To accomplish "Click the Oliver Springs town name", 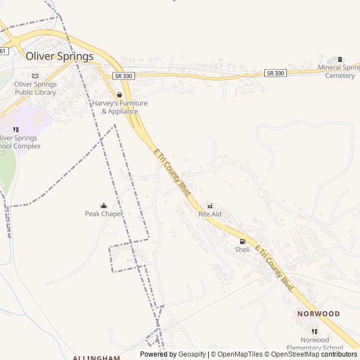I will [x=60, y=56].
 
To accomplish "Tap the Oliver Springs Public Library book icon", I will [x=35, y=76].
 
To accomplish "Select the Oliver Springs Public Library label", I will [x=35, y=88].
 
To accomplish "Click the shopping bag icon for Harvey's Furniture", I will [x=119, y=95].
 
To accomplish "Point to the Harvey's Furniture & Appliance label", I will [x=120, y=107].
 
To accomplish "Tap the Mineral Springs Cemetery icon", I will [x=340, y=59].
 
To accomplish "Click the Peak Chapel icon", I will [x=103, y=205].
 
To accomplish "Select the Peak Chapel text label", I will [x=103, y=214].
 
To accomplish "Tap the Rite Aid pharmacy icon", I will [x=210, y=206].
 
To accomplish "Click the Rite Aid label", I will [x=210, y=214].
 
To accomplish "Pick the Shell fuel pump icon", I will [x=242, y=241].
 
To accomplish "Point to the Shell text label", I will [x=242, y=250].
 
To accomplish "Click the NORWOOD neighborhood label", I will [x=319, y=314].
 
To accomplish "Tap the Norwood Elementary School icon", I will [x=314, y=331].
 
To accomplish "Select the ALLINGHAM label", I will [x=96, y=357].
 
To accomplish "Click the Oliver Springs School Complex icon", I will [x=16, y=129].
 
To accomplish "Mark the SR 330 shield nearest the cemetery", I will [x=276, y=73].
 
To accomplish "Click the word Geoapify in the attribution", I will [x=192, y=354].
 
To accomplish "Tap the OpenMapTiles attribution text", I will [x=240, y=354].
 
